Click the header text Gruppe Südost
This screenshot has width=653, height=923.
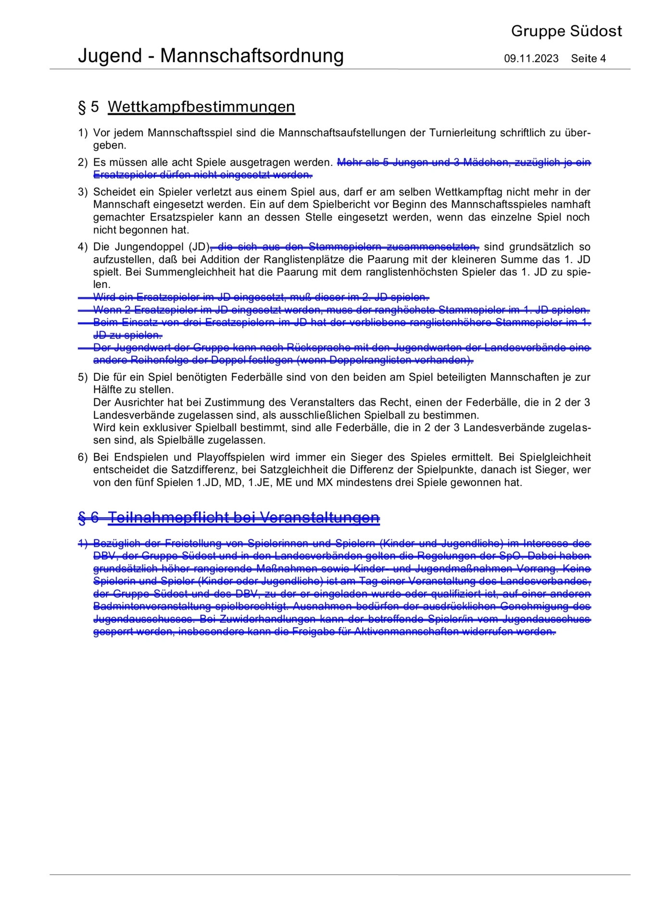[566, 31]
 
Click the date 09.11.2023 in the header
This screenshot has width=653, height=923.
[531, 59]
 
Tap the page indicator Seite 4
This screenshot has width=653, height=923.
[588, 59]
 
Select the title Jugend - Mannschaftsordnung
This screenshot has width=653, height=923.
[211, 56]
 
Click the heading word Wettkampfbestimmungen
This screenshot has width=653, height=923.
[201, 107]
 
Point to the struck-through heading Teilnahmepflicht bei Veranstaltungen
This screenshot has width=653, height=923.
[244, 518]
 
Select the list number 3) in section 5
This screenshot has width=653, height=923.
[83, 192]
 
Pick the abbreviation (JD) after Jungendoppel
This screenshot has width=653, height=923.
[200, 247]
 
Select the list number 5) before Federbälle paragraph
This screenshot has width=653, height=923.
[83, 377]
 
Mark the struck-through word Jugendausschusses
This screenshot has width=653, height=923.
[144, 619]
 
